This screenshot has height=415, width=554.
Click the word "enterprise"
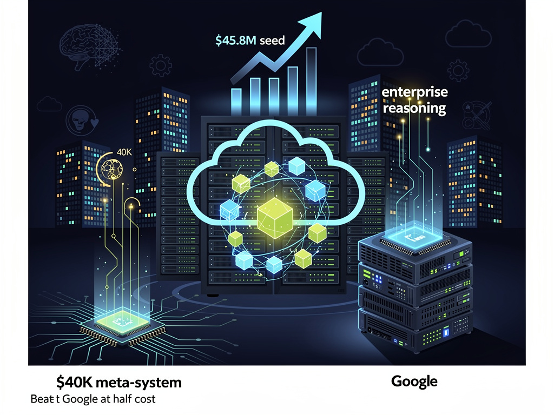(414, 92)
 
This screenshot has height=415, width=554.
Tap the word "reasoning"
(414, 108)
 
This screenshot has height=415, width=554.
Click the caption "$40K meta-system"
(118, 383)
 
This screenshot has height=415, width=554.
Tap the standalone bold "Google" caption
(414, 381)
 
